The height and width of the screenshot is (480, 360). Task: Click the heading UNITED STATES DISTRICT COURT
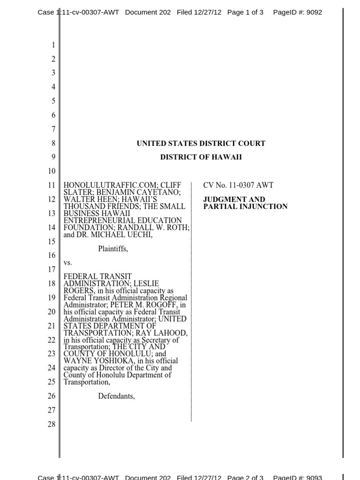point(201,143)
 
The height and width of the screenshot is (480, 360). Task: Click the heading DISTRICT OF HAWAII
point(201,157)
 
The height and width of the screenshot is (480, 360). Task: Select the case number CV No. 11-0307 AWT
point(238,185)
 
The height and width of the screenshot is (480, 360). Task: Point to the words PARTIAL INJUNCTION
point(245,206)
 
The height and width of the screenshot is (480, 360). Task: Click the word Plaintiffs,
point(112,249)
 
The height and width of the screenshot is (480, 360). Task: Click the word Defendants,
point(116,396)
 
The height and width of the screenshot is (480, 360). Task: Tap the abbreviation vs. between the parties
point(68,263)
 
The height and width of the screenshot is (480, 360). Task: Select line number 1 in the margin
point(53,45)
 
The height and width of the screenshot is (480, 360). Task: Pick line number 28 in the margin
point(52,424)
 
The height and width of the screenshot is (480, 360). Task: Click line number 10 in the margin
point(52,171)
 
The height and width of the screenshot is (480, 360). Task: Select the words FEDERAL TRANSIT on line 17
point(97,277)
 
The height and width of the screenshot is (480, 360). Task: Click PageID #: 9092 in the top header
point(297,12)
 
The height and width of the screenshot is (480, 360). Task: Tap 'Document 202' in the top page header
point(148,12)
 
